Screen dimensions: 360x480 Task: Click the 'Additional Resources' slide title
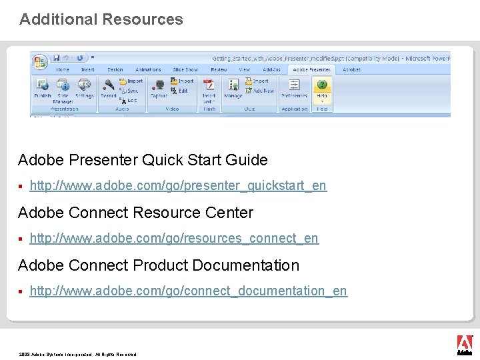(x=101, y=19)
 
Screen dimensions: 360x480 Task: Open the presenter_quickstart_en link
(x=178, y=185)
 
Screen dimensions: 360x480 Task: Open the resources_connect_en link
(x=174, y=238)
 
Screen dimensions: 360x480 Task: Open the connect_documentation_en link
(x=189, y=291)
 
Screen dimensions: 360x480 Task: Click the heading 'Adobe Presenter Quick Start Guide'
(x=143, y=160)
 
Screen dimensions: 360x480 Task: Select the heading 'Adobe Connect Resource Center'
(x=135, y=213)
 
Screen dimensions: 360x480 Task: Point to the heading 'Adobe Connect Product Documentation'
(x=159, y=265)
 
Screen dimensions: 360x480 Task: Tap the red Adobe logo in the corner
(x=464, y=344)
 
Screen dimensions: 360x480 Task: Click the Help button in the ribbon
(x=322, y=89)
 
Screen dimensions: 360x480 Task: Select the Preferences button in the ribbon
(x=294, y=89)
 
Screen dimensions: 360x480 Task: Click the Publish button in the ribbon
(x=42, y=89)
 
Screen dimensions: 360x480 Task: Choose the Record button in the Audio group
(x=108, y=89)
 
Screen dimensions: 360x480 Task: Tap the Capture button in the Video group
(x=159, y=89)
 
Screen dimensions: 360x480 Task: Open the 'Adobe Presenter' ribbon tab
(x=311, y=69)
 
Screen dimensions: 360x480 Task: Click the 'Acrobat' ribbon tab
(x=351, y=69)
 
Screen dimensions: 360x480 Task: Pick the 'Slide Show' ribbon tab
(x=185, y=69)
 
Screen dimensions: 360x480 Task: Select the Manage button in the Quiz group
(x=233, y=89)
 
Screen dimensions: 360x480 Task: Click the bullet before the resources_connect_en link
(x=21, y=239)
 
